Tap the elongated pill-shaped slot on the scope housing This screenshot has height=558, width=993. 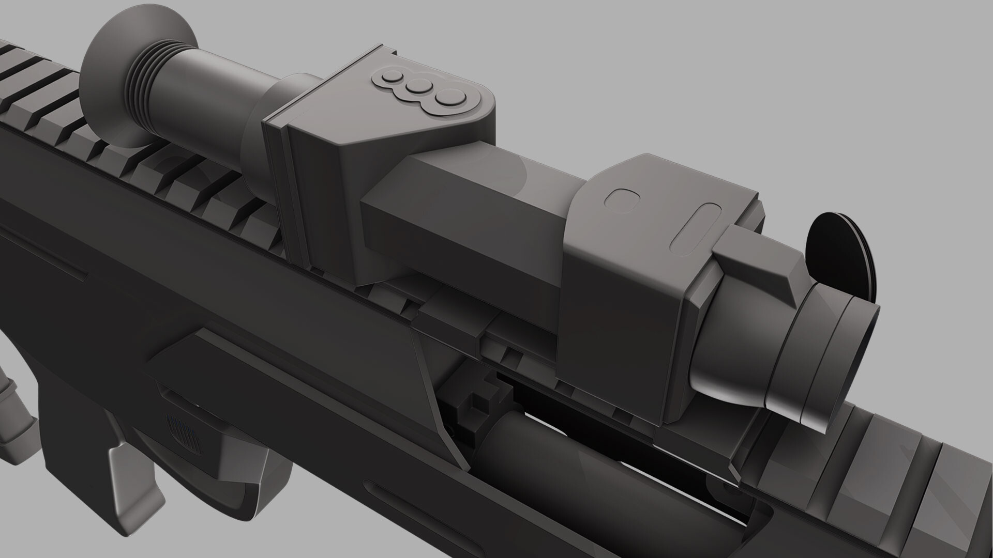696,227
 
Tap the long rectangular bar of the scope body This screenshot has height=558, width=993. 465,217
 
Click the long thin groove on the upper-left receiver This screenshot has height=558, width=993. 47,258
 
